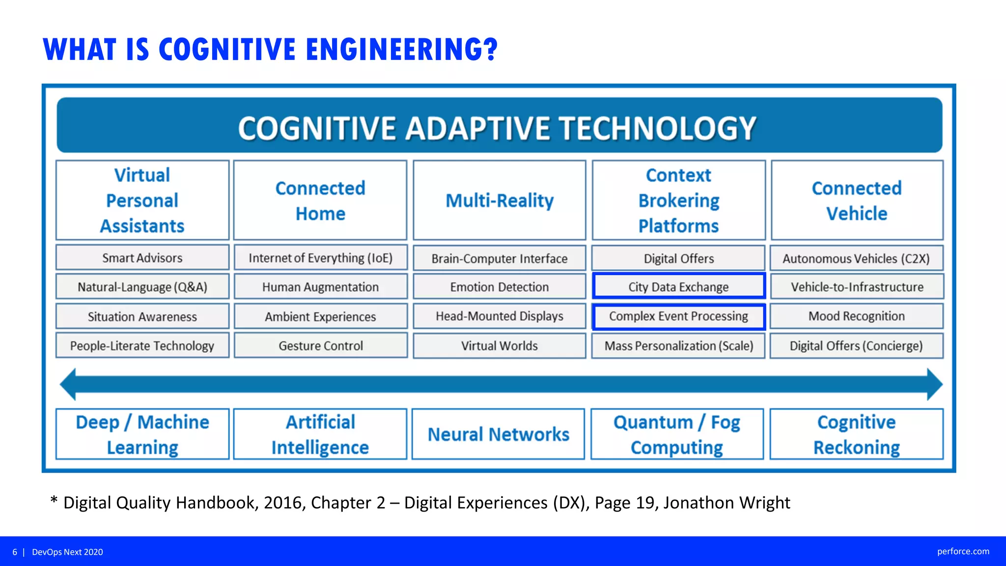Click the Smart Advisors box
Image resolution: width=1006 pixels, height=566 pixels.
click(142, 258)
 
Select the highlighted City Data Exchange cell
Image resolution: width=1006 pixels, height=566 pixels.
click(678, 287)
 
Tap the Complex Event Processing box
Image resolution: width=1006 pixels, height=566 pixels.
click(678, 316)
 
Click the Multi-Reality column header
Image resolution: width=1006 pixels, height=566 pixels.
click(499, 200)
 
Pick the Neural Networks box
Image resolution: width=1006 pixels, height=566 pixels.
click(498, 434)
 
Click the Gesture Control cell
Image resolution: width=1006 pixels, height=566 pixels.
click(321, 346)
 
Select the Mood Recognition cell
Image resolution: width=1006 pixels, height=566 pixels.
click(856, 316)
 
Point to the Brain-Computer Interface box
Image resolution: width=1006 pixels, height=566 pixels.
click(499, 258)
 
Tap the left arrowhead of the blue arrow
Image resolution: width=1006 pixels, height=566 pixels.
click(68, 384)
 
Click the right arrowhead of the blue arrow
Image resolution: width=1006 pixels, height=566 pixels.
click(934, 384)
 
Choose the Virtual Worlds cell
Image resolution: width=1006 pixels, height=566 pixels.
click(499, 346)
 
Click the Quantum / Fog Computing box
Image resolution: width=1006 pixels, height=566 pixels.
click(677, 434)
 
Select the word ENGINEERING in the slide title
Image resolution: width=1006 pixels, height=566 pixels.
click(402, 50)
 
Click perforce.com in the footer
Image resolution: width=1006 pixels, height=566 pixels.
click(963, 551)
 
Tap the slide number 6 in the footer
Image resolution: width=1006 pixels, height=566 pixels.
click(15, 552)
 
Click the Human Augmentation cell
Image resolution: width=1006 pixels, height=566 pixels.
click(320, 287)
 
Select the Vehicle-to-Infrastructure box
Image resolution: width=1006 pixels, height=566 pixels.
click(857, 287)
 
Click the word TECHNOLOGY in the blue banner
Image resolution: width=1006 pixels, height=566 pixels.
click(658, 128)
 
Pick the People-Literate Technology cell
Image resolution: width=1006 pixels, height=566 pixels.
click(142, 346)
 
